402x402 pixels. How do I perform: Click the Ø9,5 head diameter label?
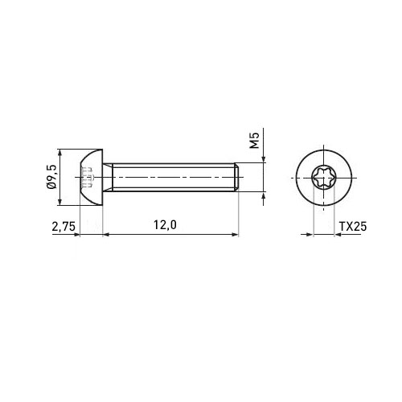pos(51,177)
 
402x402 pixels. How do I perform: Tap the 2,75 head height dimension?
pos(64,227)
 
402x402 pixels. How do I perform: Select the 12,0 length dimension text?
pos(165,225)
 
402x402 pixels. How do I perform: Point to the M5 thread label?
pos(254,140)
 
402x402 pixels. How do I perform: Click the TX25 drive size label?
pos(353,227)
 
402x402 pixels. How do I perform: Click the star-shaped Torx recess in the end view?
pos(324,178)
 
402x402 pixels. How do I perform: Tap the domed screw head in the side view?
pos(92,178)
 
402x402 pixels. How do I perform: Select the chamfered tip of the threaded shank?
pos(236,177)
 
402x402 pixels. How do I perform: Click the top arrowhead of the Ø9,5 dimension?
pos(59,153)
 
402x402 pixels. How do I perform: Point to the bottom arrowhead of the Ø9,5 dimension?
pos(59,202)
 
